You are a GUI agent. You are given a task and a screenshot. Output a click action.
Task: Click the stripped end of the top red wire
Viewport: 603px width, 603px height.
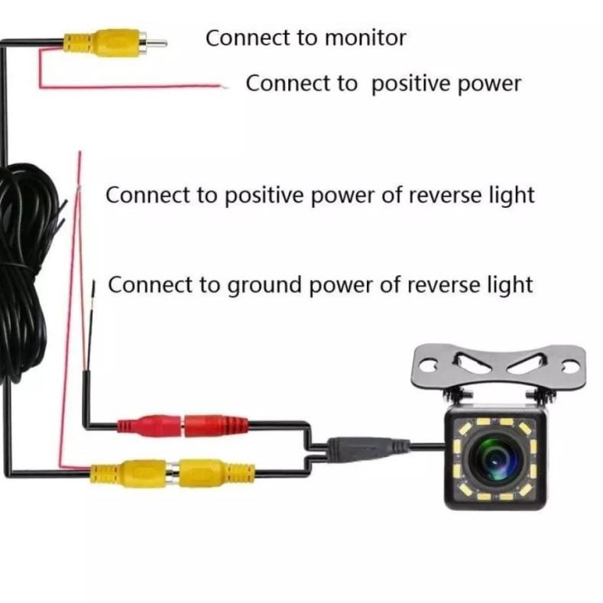click(x=224, y=86)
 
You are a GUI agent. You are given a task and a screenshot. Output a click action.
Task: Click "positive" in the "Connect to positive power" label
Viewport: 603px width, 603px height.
click(x=408, y=83)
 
